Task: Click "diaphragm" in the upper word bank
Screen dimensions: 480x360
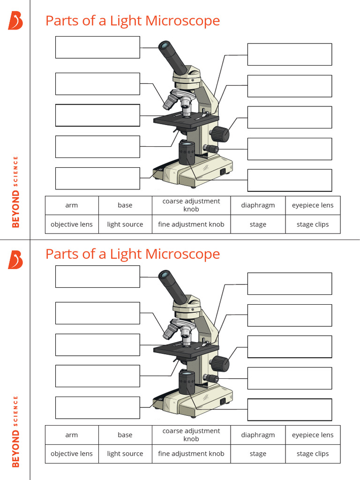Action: (x=258, y=205)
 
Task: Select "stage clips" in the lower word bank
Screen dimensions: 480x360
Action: (x=313, y=454)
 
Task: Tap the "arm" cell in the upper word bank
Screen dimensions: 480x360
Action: (x=72, y=205)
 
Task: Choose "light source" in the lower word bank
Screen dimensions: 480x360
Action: (x=125, y=454)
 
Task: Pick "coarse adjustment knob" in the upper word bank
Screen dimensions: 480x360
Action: (x=191, y=205)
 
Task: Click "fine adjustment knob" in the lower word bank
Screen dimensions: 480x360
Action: (x=191, y=454)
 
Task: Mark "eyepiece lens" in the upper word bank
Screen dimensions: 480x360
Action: (x=313, y=205)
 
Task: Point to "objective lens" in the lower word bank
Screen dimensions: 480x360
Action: (x=72, y=454)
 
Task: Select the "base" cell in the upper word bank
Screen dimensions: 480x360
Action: (x=125, y=205)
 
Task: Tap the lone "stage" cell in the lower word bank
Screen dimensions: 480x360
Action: (x=258, y=454)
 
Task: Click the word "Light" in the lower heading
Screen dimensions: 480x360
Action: (x=127, y=254)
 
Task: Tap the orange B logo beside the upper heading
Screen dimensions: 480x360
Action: (x=15, y=21)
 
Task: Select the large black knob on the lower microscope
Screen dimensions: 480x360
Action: (x=219, y=364)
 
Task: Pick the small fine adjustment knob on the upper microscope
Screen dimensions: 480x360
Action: (x=212, y=149)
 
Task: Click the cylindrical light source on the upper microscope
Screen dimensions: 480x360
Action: (x=187, y=153)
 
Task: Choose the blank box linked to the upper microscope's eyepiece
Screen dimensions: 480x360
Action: (x=97, y=47)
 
